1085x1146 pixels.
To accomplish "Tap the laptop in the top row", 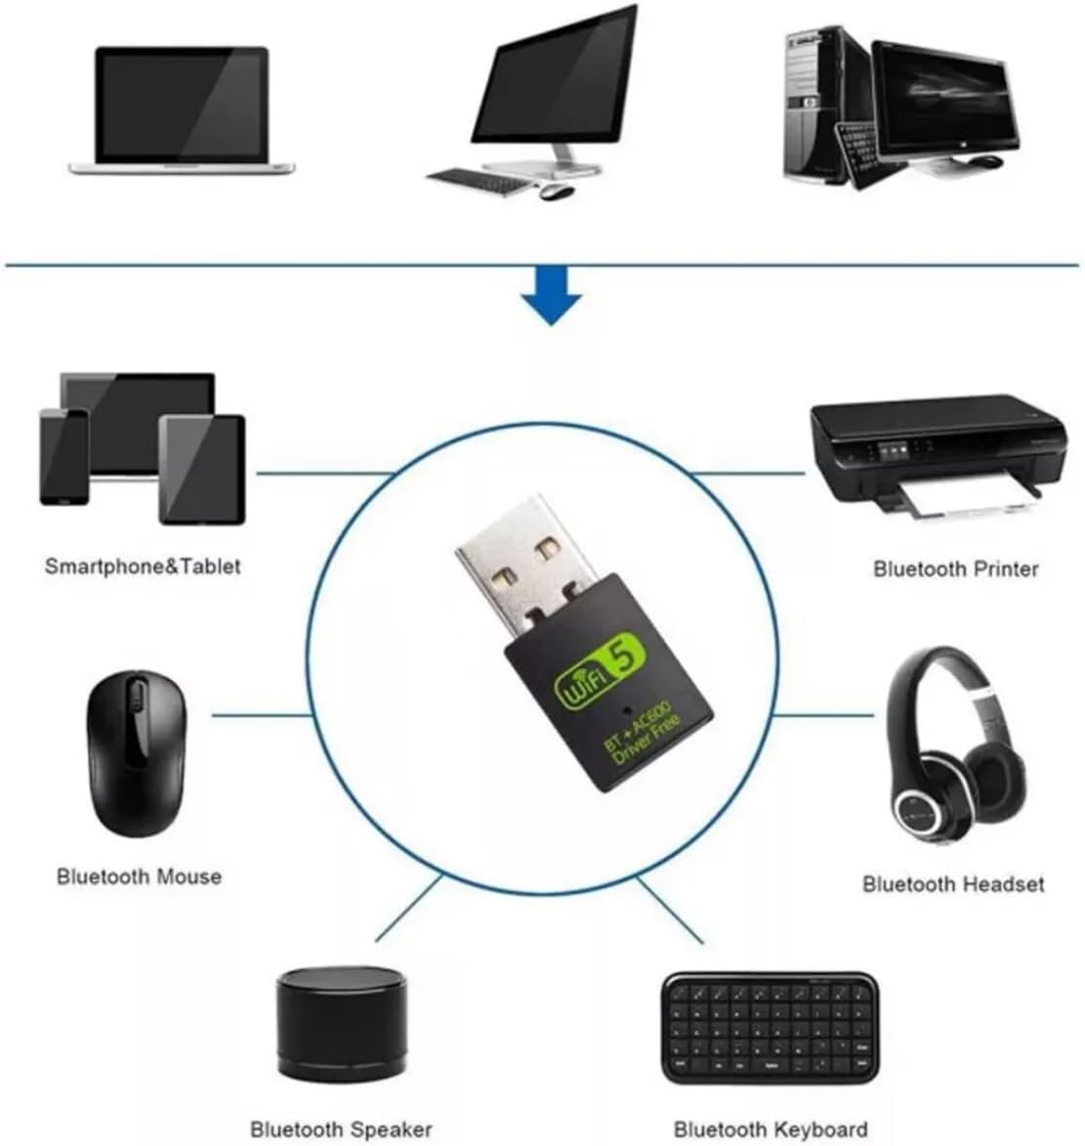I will [x=182, y=109].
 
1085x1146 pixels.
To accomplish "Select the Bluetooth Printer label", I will [x=955, y=568].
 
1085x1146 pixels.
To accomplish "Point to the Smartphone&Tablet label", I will [x=143, y=566].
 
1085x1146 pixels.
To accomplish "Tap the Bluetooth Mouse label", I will [x=139, y=876].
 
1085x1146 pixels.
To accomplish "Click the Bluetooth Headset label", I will [x=952, y=884].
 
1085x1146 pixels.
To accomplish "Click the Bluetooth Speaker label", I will [x=341, y=1129].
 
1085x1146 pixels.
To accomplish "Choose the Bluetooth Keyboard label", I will [x=771, y=1129].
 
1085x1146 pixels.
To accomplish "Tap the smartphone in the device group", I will [x=63, y=455].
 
